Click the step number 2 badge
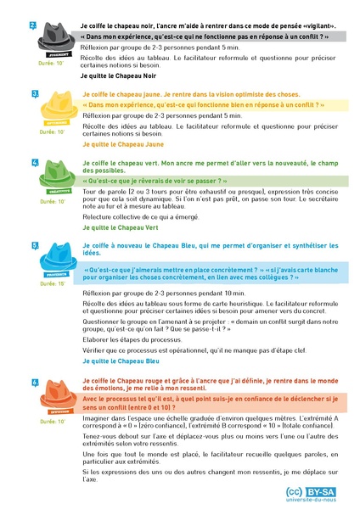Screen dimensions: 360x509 click(x=33, y=25)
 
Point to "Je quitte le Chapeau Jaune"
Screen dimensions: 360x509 click(x=122, y=144)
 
